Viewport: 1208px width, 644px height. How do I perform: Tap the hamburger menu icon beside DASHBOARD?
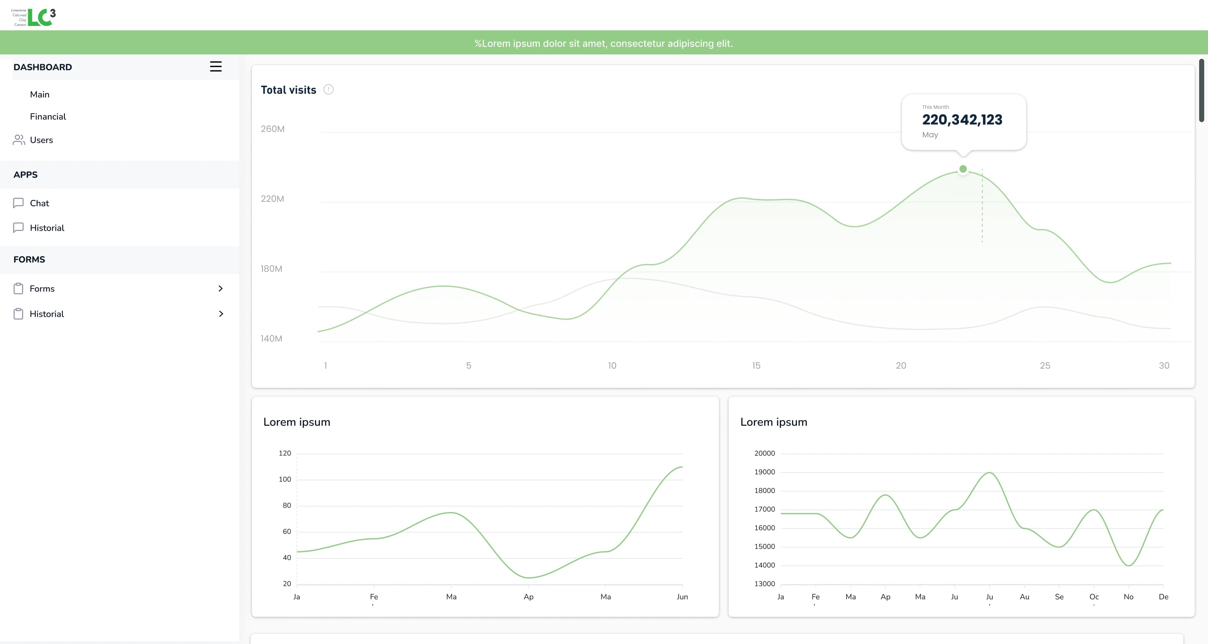coord(215,66)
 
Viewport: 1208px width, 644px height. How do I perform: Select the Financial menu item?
coord(48,117)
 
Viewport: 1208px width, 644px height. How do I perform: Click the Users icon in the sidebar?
coord(19,140)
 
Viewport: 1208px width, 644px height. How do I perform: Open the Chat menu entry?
coord(39,203)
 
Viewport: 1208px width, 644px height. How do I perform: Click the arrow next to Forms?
coord(220,288)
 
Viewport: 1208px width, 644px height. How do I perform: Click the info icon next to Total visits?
coord(328,90)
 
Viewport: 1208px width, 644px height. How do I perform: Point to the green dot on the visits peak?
coord(963,169)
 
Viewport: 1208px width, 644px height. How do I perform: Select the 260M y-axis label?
coord(273,129)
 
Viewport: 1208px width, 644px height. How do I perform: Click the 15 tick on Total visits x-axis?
coord(756,366)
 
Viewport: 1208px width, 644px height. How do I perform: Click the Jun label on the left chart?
coord(682,597)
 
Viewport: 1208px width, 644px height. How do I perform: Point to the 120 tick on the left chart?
coord(285,453)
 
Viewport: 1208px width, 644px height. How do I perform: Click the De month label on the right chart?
coord(1163,597)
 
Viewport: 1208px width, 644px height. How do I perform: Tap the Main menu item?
coord(40,94)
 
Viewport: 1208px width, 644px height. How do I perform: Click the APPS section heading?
coord(25,174)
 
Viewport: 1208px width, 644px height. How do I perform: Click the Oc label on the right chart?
coord(1094,597)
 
